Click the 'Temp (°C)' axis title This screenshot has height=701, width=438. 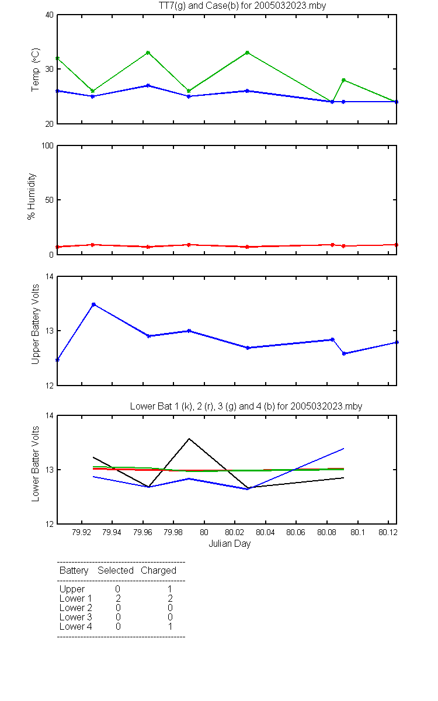pyautogui.click(x=36, y=70)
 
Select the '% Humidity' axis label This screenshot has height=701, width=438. pyautogui.click(x=32, y=196)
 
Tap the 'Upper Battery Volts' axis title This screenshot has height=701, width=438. pyautogui.click(x=36, y=324)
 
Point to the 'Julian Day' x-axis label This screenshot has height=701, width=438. pyautogui.click(x=230, y=544)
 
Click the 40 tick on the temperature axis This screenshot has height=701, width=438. pyautogui.click(x=50, y=15)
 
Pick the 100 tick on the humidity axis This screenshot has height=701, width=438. pyautogui.click(x=48, y=146)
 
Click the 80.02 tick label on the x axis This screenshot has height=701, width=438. pyautogui.click(x=235, y=532)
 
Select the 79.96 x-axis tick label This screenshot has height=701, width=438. pyautogui.click(x=142, y=532)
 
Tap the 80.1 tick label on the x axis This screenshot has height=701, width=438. pyautogui.click(x=357, y=532)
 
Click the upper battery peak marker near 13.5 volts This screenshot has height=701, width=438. pyautogui.click(x=93, y=304)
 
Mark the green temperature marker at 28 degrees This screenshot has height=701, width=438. pyautogui.click(x=343, y=80)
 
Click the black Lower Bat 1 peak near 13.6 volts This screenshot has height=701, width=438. pyautogui.click(x=189, y=439)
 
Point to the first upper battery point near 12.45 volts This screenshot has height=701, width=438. pyautogui.click(x=58, y=360)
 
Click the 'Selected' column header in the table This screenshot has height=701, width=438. pyautogui.click(x=116, y=571)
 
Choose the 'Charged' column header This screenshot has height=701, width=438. pyautogui.click(x=158, y=571)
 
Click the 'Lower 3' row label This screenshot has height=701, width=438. pyautogui.click(x=76, y=617)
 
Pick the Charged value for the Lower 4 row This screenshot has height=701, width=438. pyautogui.click(x=170, y=626)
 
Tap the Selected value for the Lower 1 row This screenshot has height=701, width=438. pyautogui.click(x=118, y=598)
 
